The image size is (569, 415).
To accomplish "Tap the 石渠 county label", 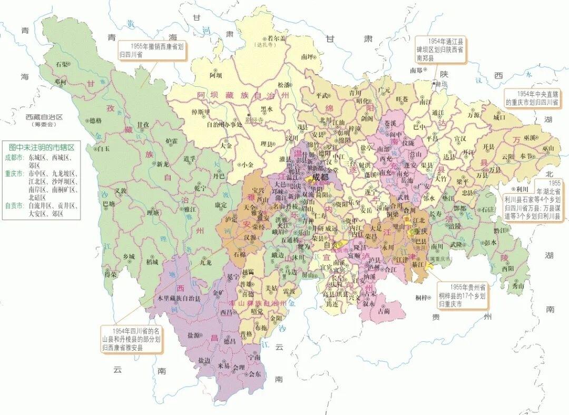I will (62, 64).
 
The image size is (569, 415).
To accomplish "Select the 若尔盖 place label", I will (276, 38).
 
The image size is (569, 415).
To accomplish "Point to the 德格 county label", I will (95, 121).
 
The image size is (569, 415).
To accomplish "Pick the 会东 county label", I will (254, 374).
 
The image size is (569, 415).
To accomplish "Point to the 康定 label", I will (221, 203).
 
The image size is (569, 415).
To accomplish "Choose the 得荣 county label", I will (111, 274).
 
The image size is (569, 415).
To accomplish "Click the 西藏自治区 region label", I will (40, 117).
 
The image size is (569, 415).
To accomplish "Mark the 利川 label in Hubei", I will (523, 189).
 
